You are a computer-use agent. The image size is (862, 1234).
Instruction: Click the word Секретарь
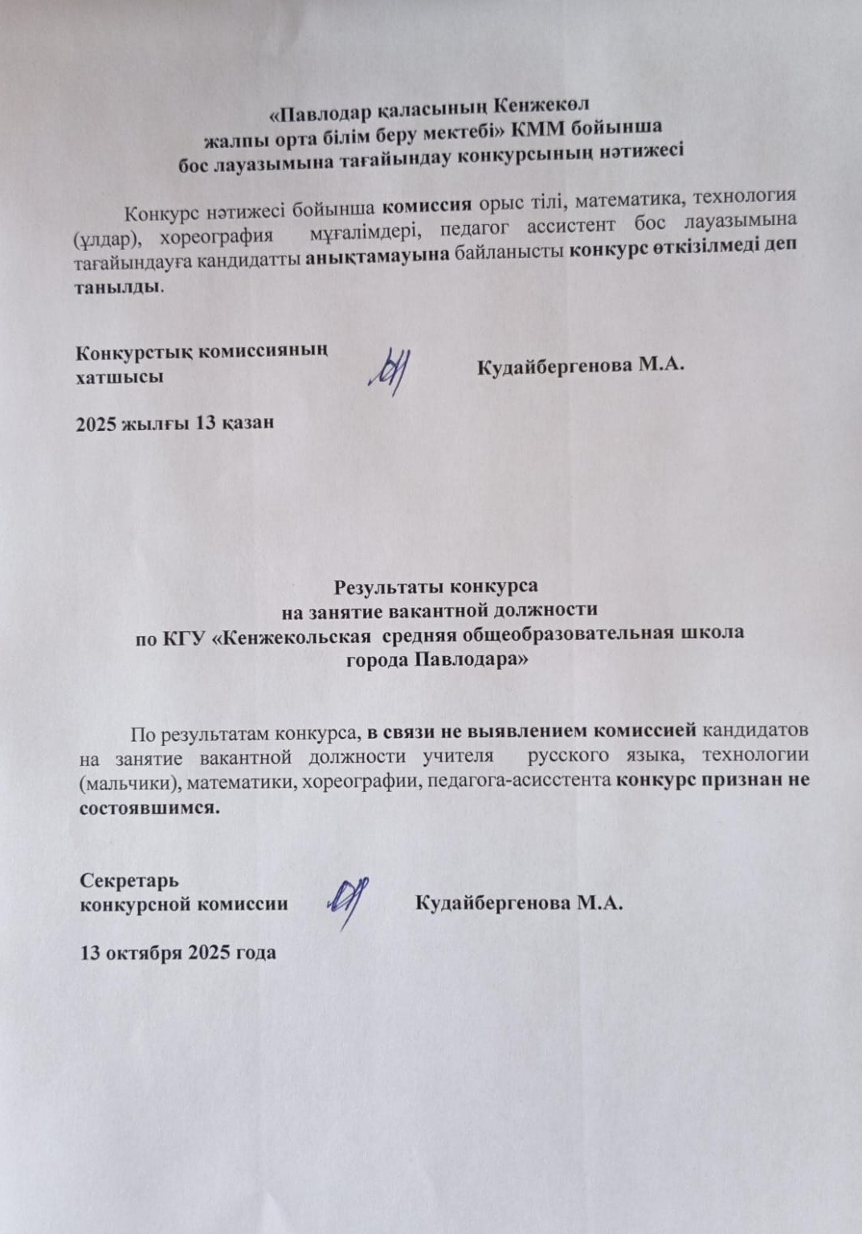coord(129,880)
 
